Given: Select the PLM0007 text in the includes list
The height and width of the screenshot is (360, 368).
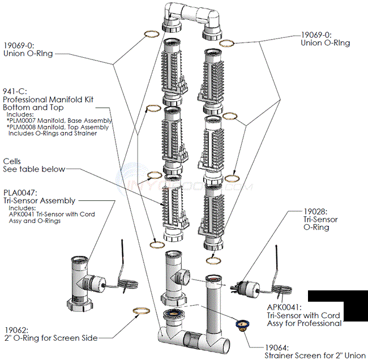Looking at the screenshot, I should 25,121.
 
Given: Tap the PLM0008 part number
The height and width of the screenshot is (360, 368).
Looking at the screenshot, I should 25,127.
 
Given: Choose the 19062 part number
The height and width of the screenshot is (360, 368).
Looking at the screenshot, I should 15,329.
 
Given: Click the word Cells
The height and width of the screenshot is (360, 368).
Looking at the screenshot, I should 13,161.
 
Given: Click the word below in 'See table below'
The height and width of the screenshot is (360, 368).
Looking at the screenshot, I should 54,169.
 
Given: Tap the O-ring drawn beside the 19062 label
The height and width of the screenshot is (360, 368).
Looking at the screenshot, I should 141,311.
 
